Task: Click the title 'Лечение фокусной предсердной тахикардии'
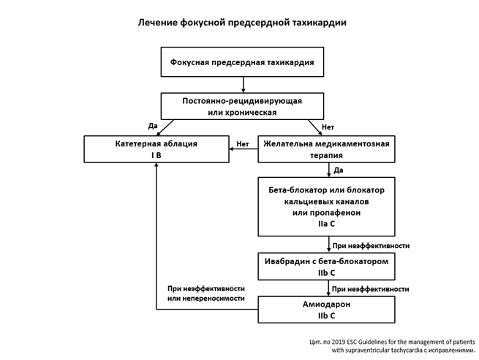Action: (242, 23)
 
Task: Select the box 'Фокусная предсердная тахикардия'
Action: (242, 62)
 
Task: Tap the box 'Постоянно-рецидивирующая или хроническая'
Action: (242, 105)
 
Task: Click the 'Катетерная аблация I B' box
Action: (156, 149)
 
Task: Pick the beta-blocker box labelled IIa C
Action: (326, 206)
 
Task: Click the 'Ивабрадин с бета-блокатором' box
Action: (326, 266)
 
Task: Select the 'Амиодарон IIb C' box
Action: (326, 309)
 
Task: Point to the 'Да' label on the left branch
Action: (152, 126)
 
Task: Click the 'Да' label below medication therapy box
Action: (339, 170)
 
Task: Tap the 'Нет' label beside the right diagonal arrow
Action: (328, 127)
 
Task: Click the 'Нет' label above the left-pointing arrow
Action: (243, 143)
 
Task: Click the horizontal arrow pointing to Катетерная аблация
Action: (244, 149)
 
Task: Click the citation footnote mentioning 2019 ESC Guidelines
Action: (392, 345)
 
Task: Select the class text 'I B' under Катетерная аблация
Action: (156, 155)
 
